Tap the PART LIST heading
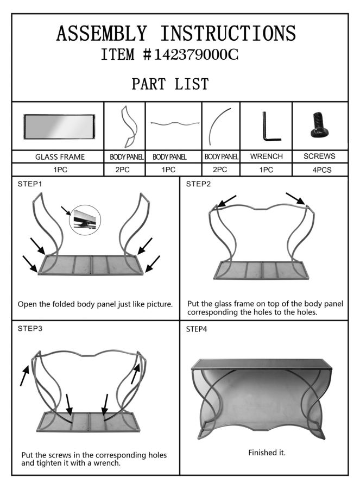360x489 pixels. coord(170,84)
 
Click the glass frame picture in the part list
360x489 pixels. coord(59,127)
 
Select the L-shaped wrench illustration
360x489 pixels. coord(271,127)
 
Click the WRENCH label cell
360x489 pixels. coord(267,156)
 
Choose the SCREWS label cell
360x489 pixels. coord(319,156)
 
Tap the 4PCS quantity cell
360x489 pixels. coord(322,170)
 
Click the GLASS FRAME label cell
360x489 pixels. coord(60,157)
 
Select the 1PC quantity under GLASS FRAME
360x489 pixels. coord(60,170)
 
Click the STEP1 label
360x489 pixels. coord(30,184)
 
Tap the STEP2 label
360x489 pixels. coord(198,184)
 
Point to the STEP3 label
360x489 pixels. coord(30,328)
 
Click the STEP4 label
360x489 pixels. coord(197,329)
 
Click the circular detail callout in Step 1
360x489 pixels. coord(85,220)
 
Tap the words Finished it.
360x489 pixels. coord(267,453)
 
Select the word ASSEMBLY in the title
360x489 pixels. coord(102,33)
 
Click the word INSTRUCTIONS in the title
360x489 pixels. coord(228,33)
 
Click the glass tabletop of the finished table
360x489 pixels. coord(261,364)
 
